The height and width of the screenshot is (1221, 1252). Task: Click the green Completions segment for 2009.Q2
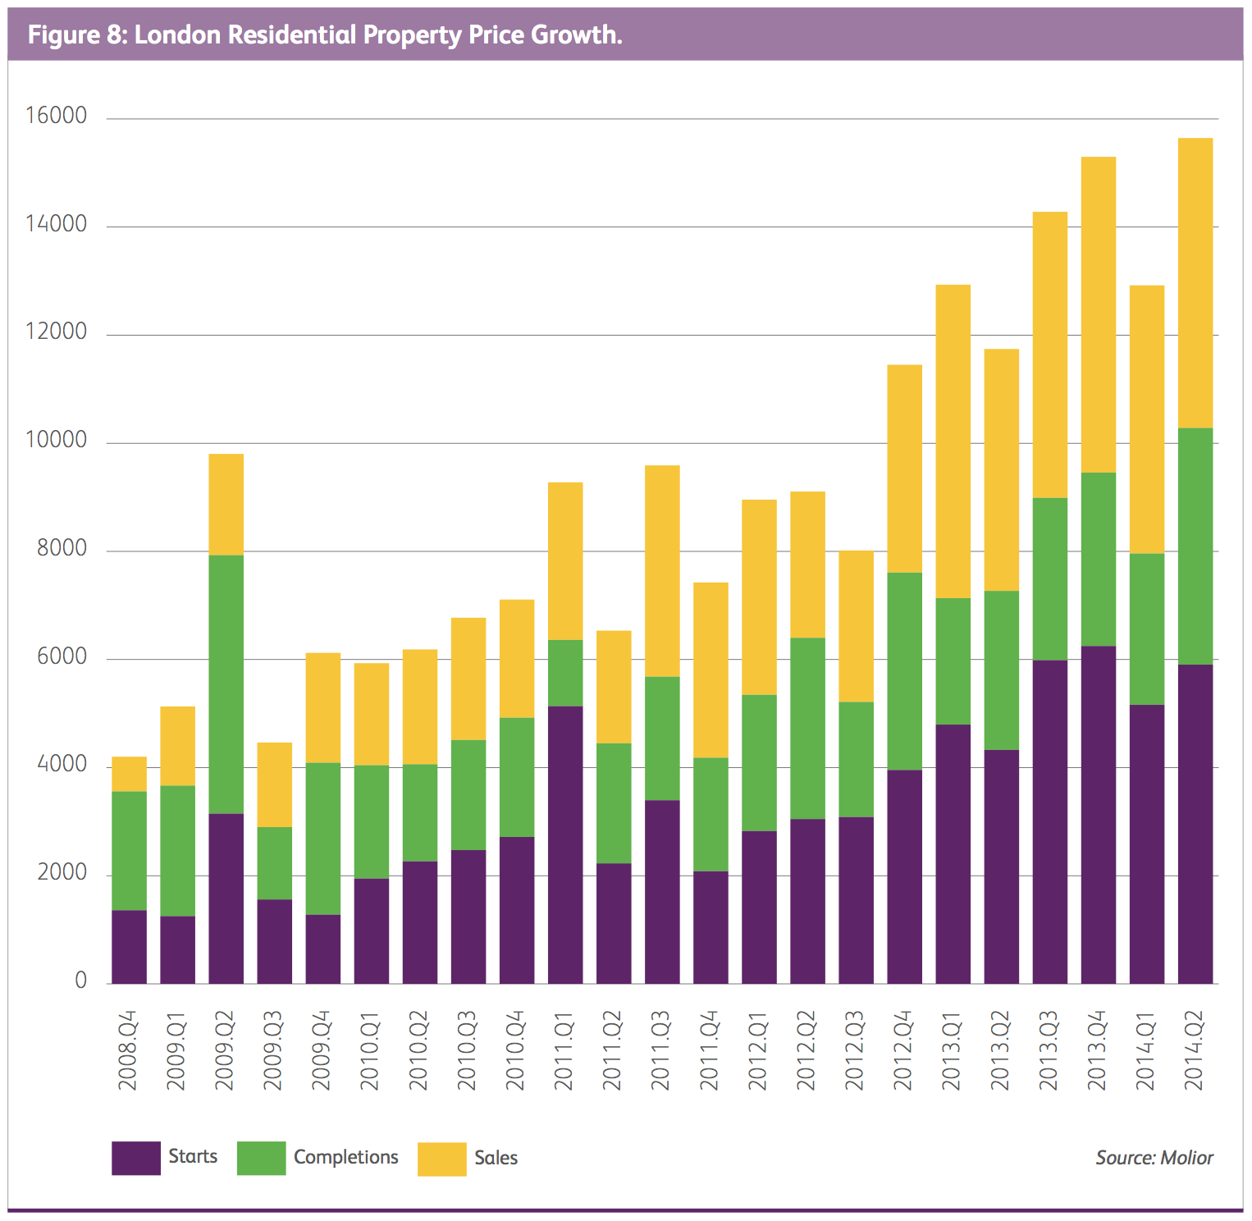226,684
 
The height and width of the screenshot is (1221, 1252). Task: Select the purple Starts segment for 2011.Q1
565,844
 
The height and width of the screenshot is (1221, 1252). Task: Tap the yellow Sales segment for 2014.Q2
1195,283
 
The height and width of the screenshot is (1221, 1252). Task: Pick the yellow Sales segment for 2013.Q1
953,441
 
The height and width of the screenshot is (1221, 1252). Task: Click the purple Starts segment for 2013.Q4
1098,815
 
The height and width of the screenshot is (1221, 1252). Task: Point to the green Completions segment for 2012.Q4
904,671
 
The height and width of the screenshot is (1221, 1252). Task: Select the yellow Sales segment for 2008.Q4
129,774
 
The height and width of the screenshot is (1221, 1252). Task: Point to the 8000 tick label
62,549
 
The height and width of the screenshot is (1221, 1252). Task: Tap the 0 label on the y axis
80,981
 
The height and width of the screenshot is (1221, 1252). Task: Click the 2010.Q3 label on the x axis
467,1051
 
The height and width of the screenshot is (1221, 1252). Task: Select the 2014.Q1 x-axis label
1146,1051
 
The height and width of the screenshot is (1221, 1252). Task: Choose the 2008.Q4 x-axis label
128,1051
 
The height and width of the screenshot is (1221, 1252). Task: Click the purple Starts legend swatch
135,1158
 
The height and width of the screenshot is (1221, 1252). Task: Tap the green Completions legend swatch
261,1158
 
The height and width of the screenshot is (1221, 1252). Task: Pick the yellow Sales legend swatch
441,1159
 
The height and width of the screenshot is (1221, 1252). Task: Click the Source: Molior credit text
1154,1158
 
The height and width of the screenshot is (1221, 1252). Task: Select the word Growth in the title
575,35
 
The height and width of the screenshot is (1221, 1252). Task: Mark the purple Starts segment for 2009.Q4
322,949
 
